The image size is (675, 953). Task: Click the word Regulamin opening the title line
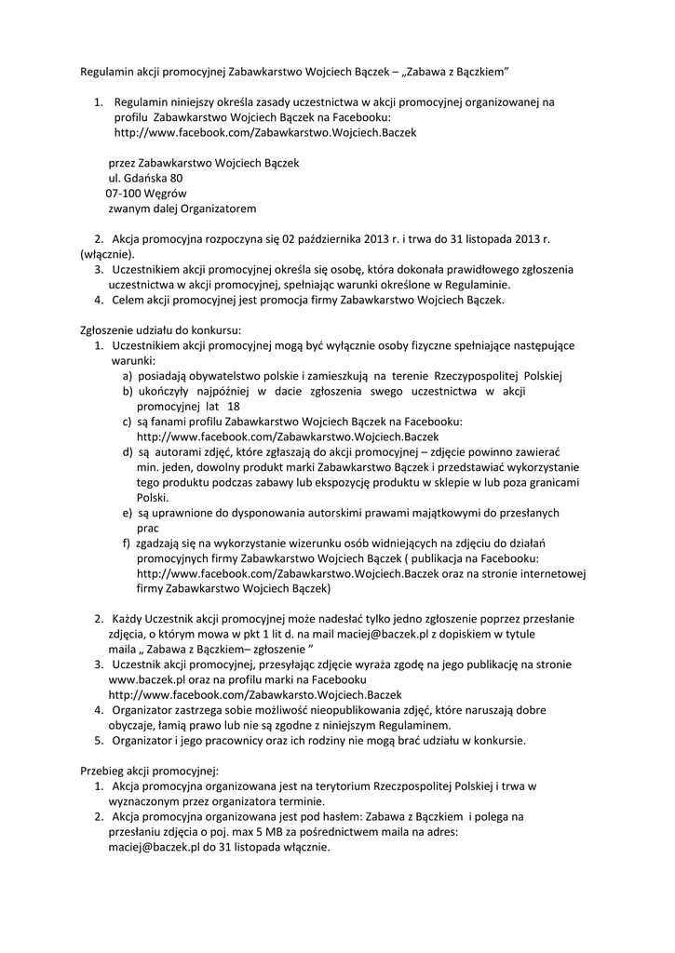coord(105,72)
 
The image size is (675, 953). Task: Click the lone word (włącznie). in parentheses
coord(105,253)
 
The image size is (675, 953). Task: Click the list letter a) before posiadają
coord(127,375)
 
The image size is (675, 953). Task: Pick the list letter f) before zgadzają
coord(127,543)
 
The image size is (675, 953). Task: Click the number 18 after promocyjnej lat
coord(233,406)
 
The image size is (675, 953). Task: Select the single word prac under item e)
coord(148,527)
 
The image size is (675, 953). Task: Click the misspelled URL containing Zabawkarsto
coord(241,694)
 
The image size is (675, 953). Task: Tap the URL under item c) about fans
coord(287,436)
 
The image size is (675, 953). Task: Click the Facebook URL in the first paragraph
coord(264,132)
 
